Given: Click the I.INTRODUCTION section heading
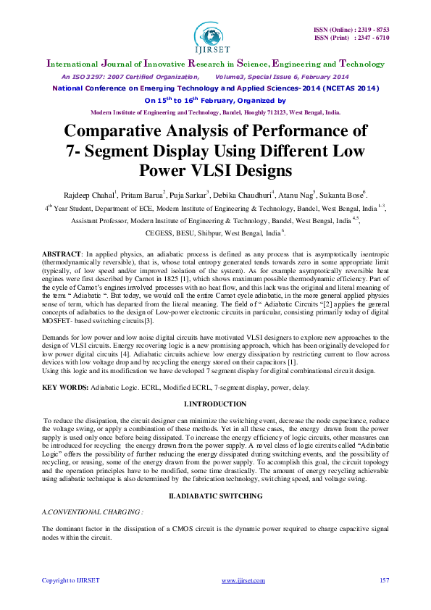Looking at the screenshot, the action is (x=215, y=403).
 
